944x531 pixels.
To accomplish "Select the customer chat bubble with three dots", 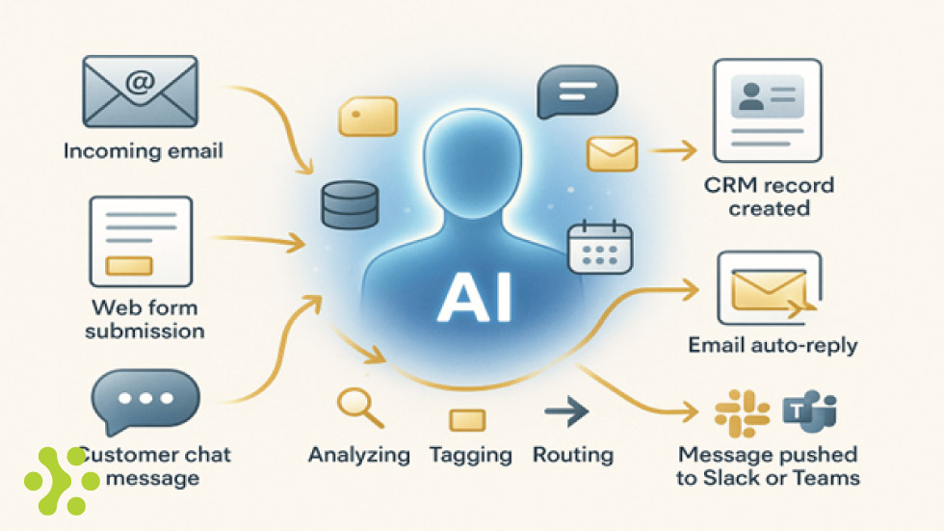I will pos(145,400).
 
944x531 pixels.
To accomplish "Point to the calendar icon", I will pos(599,247).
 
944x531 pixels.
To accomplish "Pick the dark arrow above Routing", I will pos(566,414).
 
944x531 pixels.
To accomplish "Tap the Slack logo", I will pos(741,412).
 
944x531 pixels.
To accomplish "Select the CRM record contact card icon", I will pos(767,110).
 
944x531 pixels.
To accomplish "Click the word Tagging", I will pos(470,455).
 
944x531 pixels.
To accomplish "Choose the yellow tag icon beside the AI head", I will pos(368,117).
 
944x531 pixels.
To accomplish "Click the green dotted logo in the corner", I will pos(60,479).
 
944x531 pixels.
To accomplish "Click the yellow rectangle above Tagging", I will pos(468,419).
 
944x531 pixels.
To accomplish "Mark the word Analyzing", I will pos(358,455).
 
